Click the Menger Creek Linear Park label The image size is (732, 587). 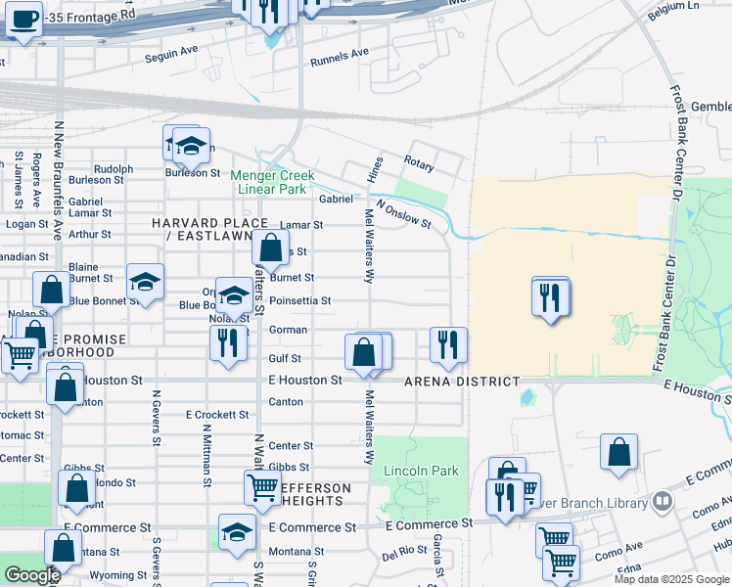269,182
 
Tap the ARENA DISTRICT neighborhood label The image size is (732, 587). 462,382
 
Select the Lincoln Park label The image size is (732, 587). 422,471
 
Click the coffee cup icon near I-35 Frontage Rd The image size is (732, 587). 23,19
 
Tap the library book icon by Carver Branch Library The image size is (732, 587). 663,501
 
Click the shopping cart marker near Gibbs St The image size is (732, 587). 262,487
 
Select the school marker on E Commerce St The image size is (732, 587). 236,532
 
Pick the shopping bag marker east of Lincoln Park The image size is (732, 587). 618,453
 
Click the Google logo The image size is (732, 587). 31,575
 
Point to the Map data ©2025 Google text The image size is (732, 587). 670,579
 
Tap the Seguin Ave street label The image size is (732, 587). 171,49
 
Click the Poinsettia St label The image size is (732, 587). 300,301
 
